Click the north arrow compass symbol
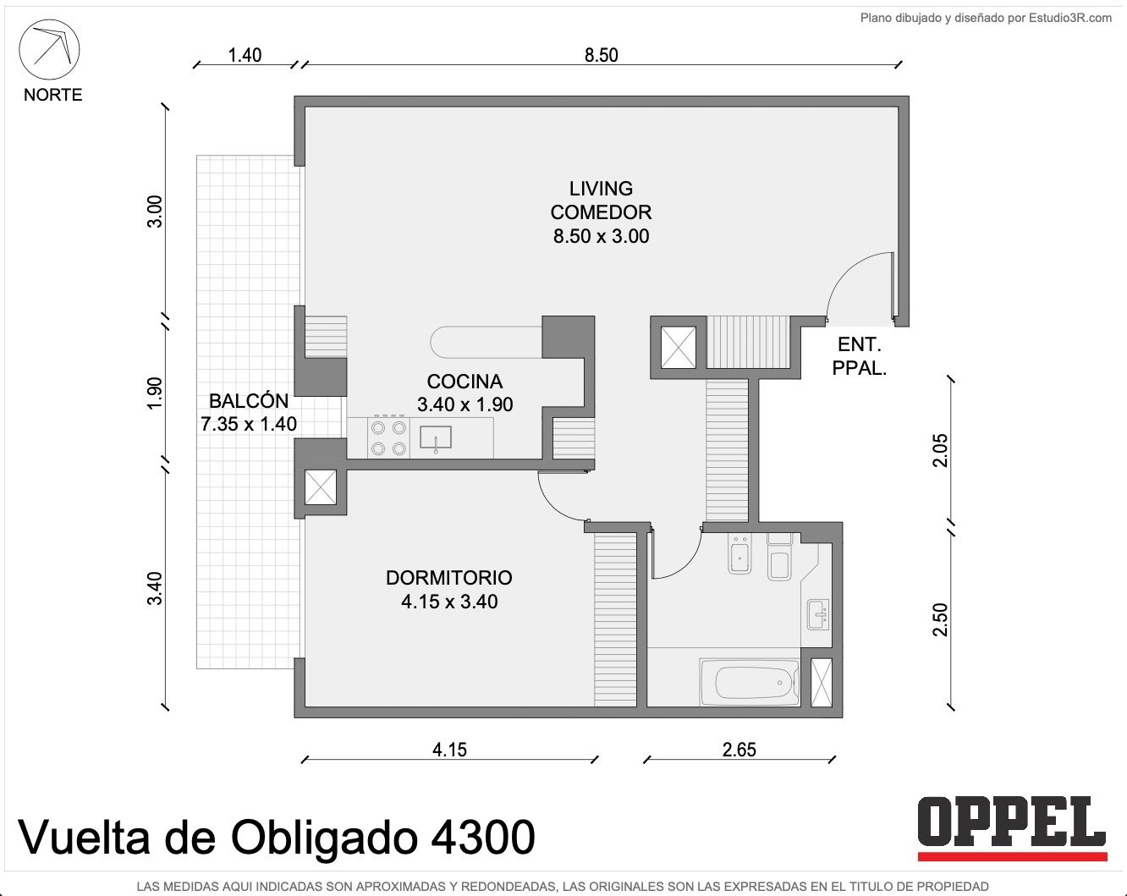(49, 50)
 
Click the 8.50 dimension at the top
(602, 55)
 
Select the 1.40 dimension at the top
(245, 55)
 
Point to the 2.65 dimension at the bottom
(739, 750)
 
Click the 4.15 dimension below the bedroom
(449, 750)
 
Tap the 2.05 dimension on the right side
(941, 450)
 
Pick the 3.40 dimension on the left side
(155, 589)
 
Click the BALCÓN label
(249, 401)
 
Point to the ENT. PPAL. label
(859, 356)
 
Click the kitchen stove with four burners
(388, 437)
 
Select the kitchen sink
(436, 437)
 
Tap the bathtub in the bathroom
(750, 682)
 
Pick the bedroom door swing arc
(557, 502)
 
